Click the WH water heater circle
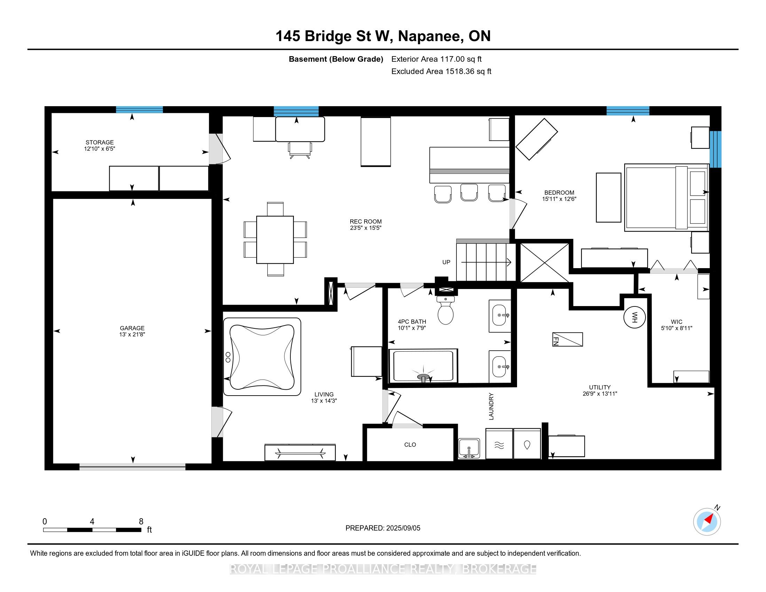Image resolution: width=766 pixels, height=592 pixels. pos(634,317)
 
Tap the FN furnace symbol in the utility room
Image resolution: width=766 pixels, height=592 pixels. pos(568,339)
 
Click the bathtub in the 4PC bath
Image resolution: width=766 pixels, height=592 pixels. pos(423,366)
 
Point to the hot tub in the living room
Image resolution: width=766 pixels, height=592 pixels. pos(262,357)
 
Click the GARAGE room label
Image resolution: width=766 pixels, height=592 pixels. pos(132,328)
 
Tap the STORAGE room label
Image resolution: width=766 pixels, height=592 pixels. pos(100,142)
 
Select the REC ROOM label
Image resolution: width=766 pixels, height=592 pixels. pos(366,221)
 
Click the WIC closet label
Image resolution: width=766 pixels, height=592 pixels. pos(677,322)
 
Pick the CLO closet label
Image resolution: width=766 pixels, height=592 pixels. pos(410,445)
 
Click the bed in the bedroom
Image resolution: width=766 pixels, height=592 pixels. pos(666,197)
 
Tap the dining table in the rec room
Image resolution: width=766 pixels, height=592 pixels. pos(275,240)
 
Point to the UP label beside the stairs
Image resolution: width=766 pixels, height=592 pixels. pos(446,262)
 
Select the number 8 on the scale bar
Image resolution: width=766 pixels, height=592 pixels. pos(141,522)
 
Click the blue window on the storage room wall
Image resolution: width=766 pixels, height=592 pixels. pos(139,109)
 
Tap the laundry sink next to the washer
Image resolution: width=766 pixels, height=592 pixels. pos(469,448)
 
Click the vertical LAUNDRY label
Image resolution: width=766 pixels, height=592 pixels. pos(491,406)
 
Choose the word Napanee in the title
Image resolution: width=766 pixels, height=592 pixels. pos(430,36)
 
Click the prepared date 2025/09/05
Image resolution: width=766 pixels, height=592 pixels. pos(402,528)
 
